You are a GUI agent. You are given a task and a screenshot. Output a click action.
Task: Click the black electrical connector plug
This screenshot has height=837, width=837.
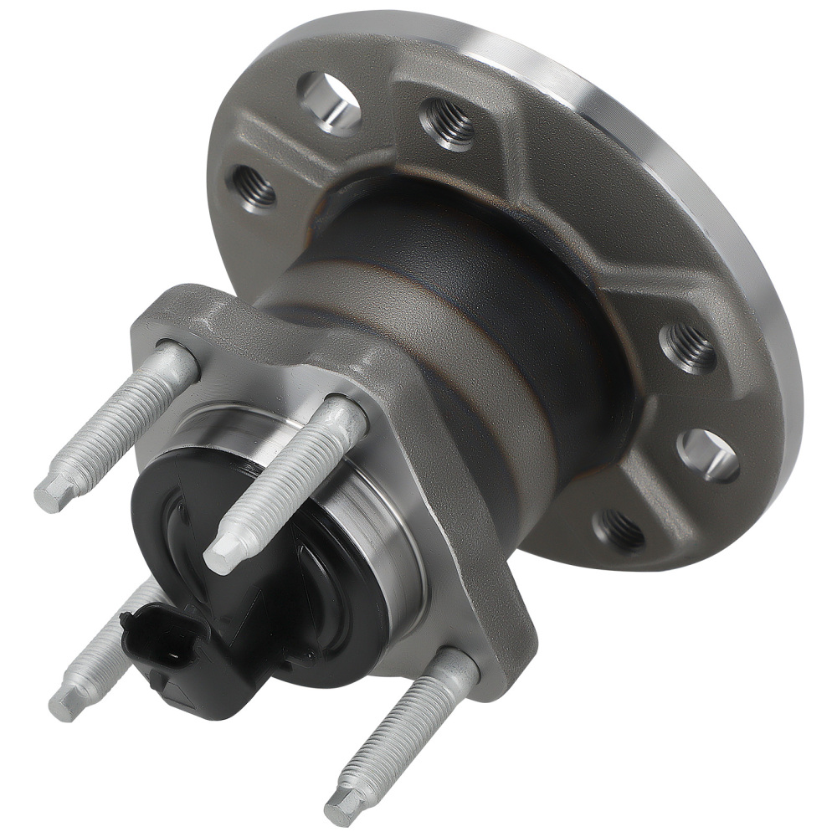159,644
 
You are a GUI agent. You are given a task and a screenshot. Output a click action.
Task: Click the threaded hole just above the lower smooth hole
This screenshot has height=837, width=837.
688,347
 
